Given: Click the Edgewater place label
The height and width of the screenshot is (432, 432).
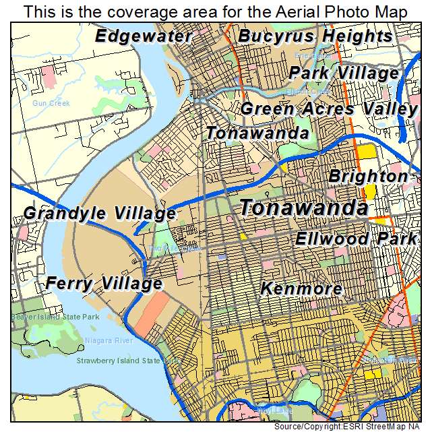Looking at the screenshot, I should tap(144, 36).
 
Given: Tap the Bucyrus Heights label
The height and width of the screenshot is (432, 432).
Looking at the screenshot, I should tap(315, 36).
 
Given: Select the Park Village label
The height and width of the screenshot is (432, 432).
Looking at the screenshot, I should tap(344, 73).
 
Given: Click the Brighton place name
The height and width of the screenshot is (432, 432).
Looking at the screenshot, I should tap(368, 176).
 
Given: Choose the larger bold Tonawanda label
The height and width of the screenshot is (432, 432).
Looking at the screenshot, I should tap(304, 208).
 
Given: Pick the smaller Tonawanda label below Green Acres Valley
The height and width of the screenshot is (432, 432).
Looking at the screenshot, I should tap(257, 133).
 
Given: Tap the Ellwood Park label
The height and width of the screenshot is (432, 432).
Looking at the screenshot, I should tap(357, 239).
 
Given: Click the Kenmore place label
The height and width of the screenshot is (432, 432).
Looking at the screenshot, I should tap(301, 289).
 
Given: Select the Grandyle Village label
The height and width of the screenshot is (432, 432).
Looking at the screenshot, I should tap(100, 214).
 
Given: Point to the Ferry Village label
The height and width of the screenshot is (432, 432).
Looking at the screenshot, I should tap(104, 284).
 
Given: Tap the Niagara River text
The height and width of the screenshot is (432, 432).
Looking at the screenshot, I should tap(109, 341).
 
